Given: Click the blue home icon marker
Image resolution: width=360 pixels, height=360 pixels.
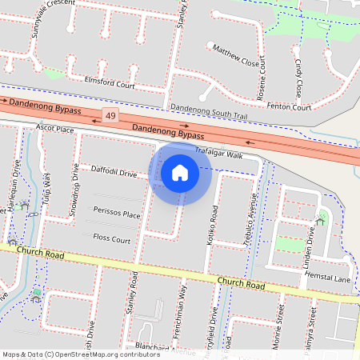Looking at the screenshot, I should pos(180,172).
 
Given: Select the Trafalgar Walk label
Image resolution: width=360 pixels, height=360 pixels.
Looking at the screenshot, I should pos(218,154).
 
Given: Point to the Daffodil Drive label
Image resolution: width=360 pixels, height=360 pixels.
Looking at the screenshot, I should pos(114,172).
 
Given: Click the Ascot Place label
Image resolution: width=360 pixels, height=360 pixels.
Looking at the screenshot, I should pos(55,129).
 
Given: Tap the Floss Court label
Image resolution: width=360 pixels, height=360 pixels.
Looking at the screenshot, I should pos(112,238).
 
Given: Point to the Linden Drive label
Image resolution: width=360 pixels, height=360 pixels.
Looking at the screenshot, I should pos(310,247).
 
